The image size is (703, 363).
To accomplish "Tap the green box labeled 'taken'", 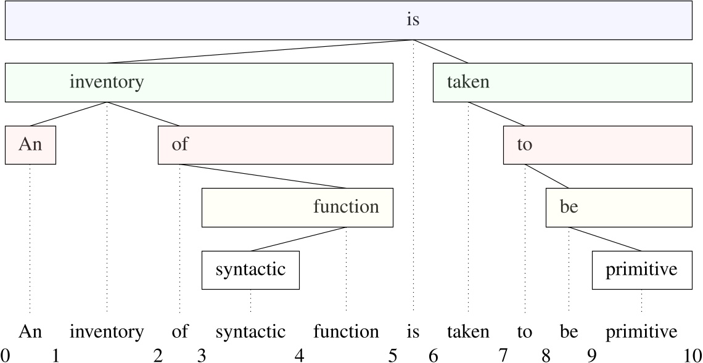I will [562, 82].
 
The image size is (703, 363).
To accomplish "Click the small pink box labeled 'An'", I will [30, 145].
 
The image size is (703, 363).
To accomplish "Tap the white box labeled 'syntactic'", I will [250, 270].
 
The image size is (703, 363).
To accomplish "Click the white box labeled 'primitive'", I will [641, 270].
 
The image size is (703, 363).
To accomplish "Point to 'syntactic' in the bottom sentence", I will [250, 333].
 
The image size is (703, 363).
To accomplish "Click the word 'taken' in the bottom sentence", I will [468, 333].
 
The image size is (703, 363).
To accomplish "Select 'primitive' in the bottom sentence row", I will [641, 333].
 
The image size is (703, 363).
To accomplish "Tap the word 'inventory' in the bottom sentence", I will [107, 333].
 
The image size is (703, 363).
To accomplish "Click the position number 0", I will [5, 356].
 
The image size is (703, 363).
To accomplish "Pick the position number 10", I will [692, 356].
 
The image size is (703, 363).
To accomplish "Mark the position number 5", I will [392, 356].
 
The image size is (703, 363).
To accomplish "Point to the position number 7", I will [503, 356].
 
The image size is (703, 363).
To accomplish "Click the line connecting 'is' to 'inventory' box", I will [259, 52].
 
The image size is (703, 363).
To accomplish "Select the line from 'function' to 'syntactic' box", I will [298, 239].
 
